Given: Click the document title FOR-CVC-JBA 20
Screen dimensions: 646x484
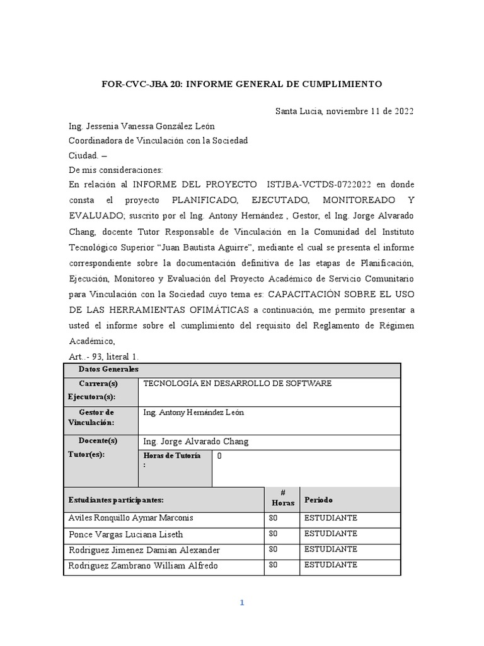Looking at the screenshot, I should coord(242,84).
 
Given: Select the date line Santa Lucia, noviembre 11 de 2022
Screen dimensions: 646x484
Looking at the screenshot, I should coord(344,112).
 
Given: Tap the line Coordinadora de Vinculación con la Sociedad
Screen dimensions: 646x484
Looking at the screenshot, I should coord(158,141).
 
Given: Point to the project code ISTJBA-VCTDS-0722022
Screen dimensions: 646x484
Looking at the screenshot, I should coord(321,184).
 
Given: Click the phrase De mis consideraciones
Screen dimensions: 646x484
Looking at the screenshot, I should coord(115,170).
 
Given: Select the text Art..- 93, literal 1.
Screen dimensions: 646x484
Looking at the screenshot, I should coord(103,356).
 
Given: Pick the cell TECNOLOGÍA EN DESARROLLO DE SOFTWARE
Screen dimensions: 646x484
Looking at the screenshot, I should coord(237,384).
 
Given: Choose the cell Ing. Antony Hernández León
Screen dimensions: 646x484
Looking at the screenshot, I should coord(193,413).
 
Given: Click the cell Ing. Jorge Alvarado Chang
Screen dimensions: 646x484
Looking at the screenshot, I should coord(196,442).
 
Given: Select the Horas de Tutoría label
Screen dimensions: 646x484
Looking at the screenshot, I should coord(172,460).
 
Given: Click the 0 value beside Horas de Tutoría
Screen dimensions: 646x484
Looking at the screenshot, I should coord(219,455).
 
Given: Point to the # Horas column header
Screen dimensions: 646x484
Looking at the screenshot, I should coord(282,498).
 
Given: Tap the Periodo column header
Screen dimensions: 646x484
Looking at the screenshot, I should coord(319,500).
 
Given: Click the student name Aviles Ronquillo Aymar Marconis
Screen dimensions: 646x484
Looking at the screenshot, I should coord(130,518).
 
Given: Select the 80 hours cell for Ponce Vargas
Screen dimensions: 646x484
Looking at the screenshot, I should coord(273,534).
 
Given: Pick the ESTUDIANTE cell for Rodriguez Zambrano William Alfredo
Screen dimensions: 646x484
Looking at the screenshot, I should coord(331,565).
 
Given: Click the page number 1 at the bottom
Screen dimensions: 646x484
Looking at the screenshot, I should coord(241,603).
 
